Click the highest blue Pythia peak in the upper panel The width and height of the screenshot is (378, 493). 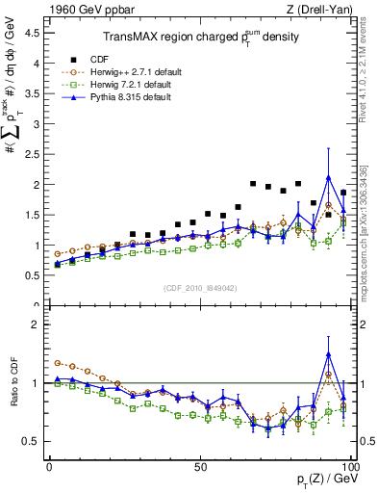coord(329,177)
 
